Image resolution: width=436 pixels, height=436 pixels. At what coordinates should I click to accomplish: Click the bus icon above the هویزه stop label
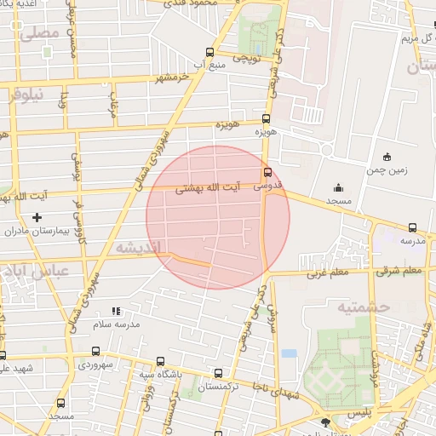pos(267,119)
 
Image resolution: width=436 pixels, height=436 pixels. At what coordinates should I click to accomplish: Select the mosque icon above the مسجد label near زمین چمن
pos(339,187)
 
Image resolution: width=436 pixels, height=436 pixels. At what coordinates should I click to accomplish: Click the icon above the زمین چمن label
pos(387,156)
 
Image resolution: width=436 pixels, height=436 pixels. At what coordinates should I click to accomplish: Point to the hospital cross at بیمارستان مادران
pos(37,217)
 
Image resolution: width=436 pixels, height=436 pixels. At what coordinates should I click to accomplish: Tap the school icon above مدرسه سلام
pos(117,312)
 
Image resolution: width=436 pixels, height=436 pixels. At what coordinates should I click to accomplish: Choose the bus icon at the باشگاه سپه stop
pos(160,361)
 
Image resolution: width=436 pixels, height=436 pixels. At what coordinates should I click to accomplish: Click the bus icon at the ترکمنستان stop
pos(219,373)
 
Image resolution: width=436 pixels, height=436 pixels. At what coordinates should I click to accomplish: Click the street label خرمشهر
pos(171,77)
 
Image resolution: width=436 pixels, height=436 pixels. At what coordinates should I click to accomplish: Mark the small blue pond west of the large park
pos(290,353)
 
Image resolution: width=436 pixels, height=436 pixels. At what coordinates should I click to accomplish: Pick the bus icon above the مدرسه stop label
pos(413,227)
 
